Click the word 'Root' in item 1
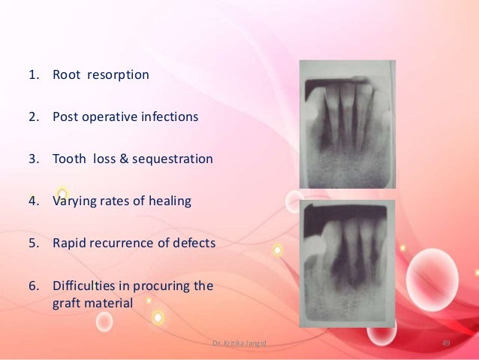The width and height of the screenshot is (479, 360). [x=65, y=75]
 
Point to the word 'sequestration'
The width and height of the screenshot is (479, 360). [x=177, y=159]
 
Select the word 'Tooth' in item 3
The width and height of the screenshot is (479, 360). [x=69, y=159]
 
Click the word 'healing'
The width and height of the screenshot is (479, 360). [x=170, y=201]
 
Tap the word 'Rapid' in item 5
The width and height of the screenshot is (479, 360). [x=68, y=244]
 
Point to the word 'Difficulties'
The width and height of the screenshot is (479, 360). [x=83, y=286]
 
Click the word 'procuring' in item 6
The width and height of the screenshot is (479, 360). [x=161, y=286]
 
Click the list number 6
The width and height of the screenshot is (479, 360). [x=34, y=286]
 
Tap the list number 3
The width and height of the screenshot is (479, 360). [x=34, y=159]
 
